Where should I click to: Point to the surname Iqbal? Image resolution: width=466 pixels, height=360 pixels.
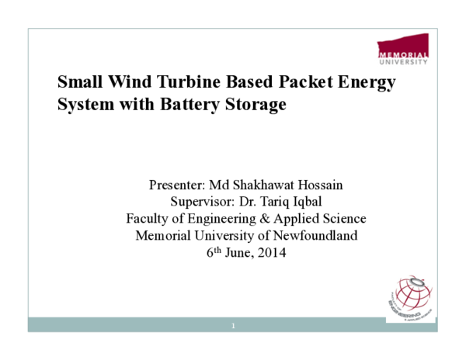click(301, 202)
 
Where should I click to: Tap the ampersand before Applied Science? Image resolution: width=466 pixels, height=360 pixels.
click(261, 219)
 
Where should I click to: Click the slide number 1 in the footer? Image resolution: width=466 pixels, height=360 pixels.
click(233, 326)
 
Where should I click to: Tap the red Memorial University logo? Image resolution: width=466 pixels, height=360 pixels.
click(403, 48)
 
